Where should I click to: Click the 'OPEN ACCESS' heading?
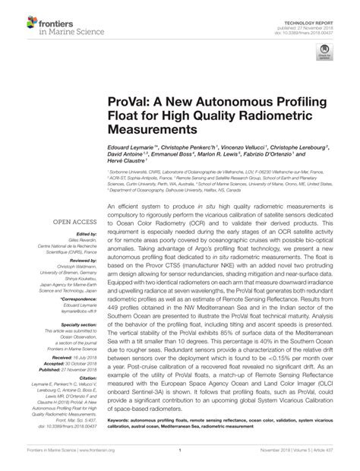point(72,222)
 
